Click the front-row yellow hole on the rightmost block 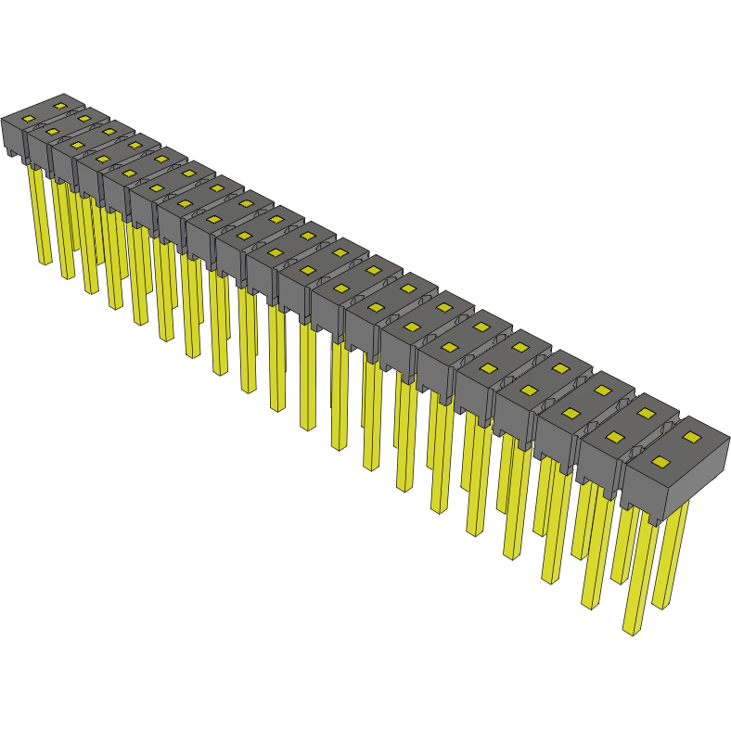pyautogui.click(x=660, y=462)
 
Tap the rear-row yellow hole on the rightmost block pyautogui.click(x=691, y=435)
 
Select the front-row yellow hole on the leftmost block pyautogui.click(x=29, y=120)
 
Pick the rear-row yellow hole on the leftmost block pyautogui.click(x=60, y=106)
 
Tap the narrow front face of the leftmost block pyautogui.click(x=13, y=138)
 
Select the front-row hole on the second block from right pyautogui.click(x=613, y=436)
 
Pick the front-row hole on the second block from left pyautogui.click(x=53, y=132)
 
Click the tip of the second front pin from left pyautogui.click(x=67, y=276)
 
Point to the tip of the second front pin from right pyautogui.click(x=590, y=607)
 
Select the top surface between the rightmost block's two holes pyautogui.click(x=676, y=449)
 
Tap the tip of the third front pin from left pyautogui.click(x=91, y=291)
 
